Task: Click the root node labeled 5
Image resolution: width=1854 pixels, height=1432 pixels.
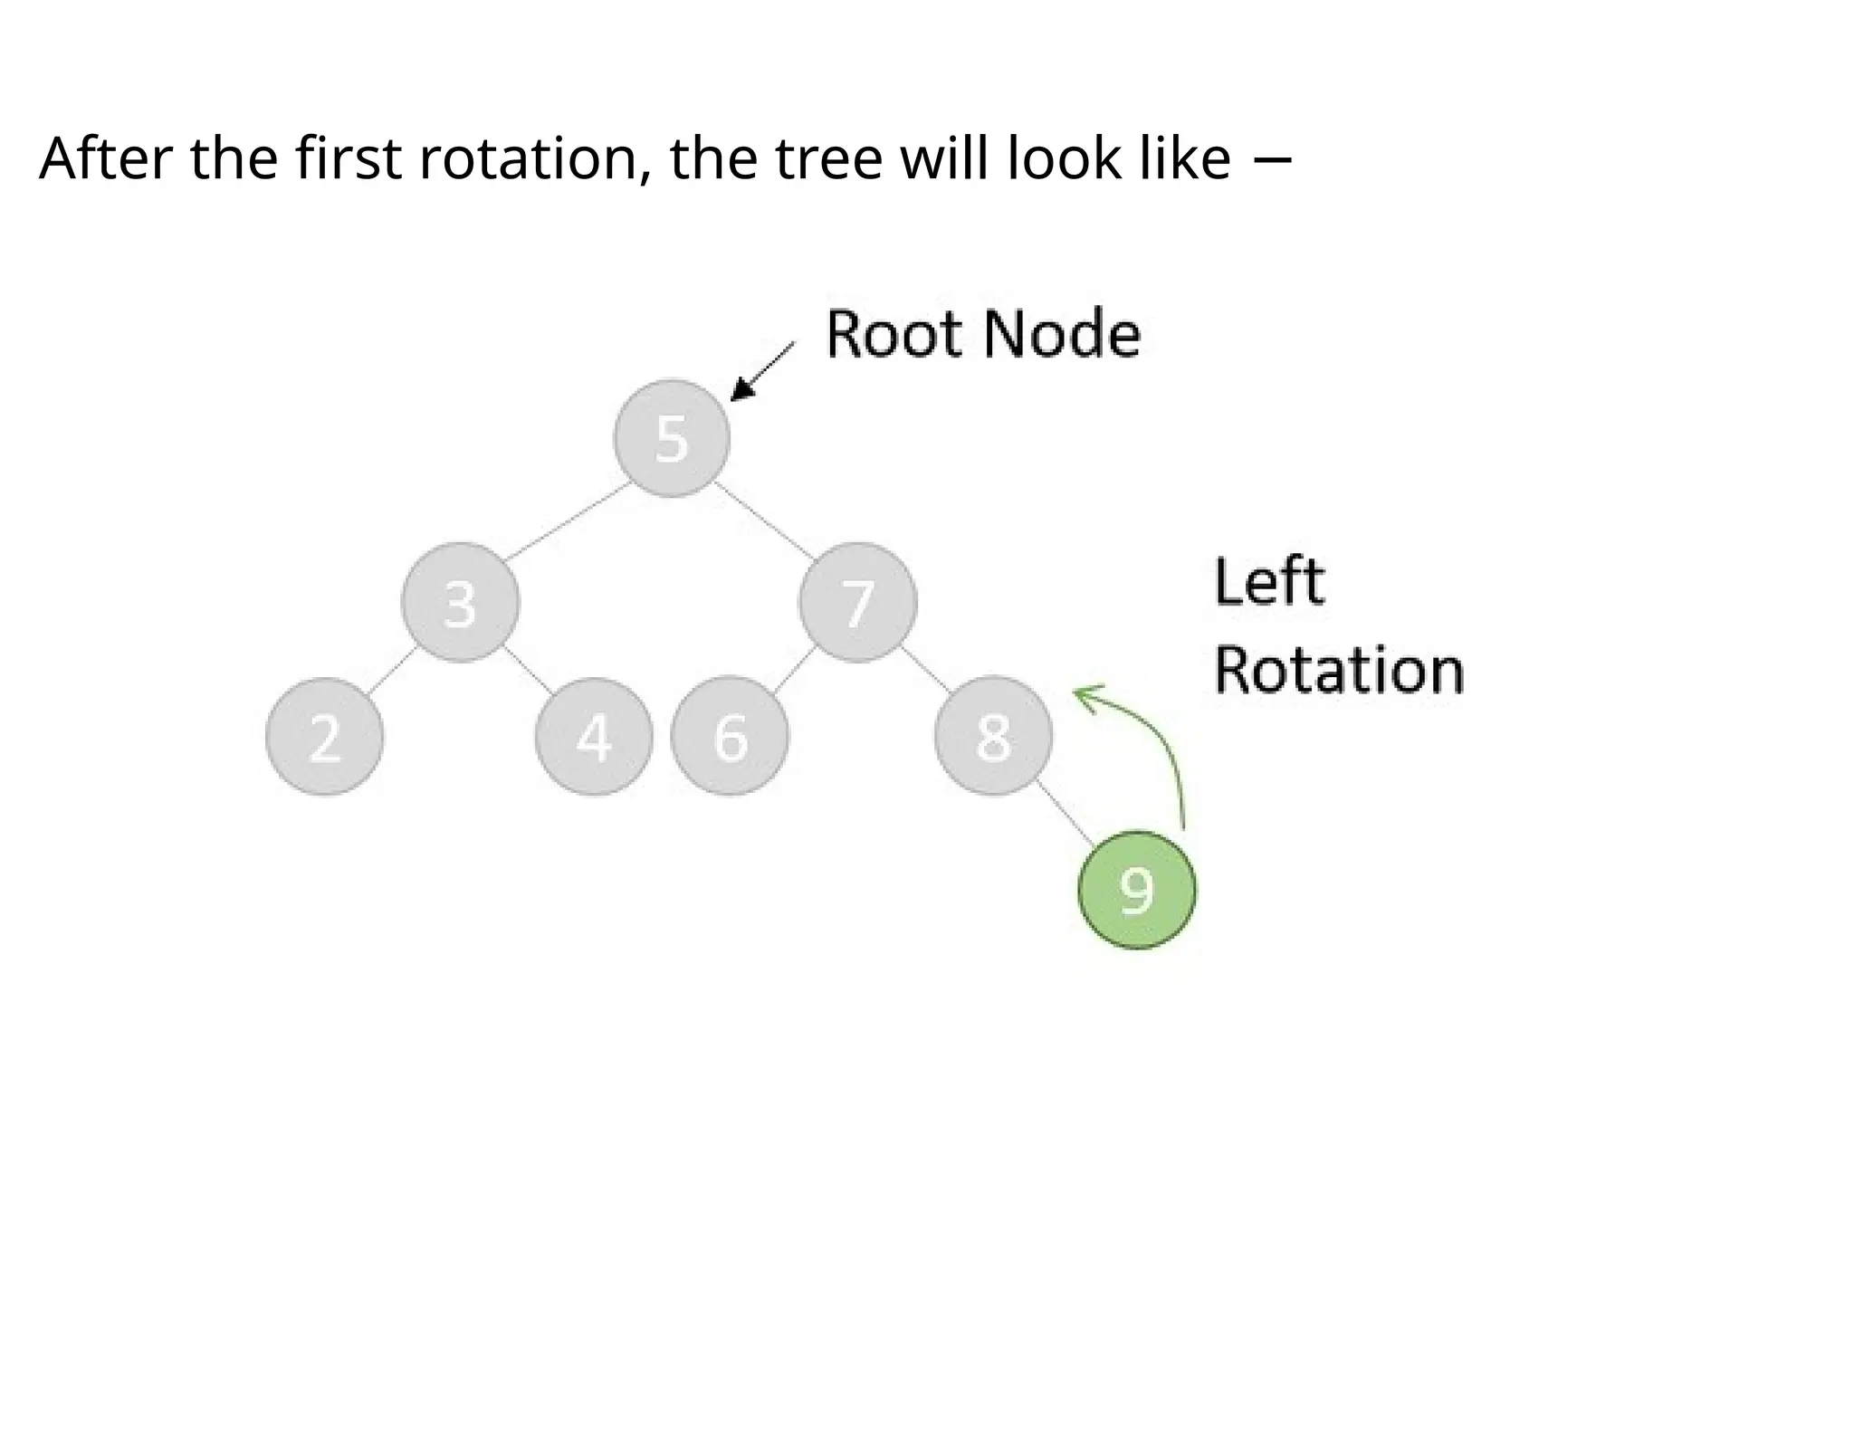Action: click(x=671, y=439)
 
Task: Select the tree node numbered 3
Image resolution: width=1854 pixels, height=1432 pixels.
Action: click(x=461, y=603)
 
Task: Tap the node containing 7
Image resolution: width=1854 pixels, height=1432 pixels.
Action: click(x=858, y=603)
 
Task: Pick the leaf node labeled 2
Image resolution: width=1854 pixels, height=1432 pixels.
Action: click(x=325, y=737)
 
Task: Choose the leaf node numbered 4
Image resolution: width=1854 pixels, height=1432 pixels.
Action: click(x=594, y=737)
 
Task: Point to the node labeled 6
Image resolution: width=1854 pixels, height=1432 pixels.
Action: click(x=730, y=737)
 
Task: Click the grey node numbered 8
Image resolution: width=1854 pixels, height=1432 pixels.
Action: click(x=993, y=737)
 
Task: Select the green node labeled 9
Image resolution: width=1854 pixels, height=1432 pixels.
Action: click(x=1137, y=890)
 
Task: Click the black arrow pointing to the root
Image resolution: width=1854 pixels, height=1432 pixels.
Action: click(x=761, y=372)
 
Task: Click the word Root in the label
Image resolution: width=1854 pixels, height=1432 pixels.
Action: click(x=894, y=335)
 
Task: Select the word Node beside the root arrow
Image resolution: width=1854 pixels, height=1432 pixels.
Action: click(x=1061, y=335)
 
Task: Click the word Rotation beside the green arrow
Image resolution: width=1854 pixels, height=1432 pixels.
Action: click(x=1338, y=671)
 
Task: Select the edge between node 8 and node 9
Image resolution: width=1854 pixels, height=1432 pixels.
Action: click(x=1065, y=813)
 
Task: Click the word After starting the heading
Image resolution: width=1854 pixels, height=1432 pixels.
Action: click(x=105, y=159)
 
